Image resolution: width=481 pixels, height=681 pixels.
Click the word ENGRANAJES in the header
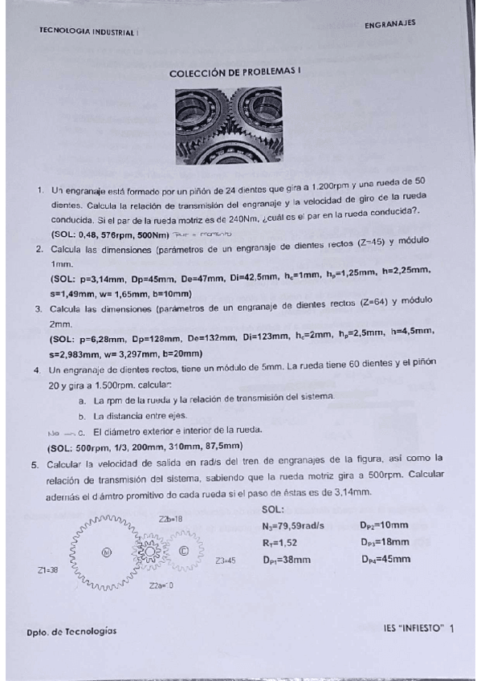(x=389, y=24)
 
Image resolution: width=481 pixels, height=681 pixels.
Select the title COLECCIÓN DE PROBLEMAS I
(x=234, y=72)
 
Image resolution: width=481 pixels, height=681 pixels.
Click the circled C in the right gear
(x=184, y=551)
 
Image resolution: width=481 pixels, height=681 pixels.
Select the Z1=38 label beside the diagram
(x=48, y=571)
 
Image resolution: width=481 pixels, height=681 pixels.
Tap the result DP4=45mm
(x=385, y=560)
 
